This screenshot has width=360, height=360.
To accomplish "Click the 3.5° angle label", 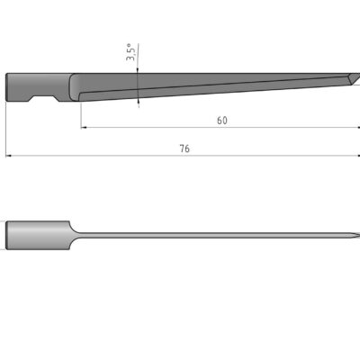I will click(130, 53).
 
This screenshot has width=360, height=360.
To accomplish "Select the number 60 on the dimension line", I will click(221, 120).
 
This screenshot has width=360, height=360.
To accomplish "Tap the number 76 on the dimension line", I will click(184, 148).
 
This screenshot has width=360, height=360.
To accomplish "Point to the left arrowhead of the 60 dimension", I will click(85, 128).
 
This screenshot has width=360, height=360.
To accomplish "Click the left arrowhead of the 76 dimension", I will click(10, 157).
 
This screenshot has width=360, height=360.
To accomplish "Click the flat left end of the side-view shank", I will click(8, 87).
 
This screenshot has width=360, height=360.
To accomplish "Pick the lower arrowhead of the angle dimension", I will click(138, 100).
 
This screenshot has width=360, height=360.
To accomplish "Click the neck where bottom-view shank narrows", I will click(72, 236).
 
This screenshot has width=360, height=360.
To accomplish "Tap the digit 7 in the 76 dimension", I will click(181, 148).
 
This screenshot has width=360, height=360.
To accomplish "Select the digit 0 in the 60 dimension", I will click(224, 120).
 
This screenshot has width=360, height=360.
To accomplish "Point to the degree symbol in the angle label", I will click(130, 44).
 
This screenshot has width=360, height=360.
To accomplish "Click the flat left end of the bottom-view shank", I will click(7, 236).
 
